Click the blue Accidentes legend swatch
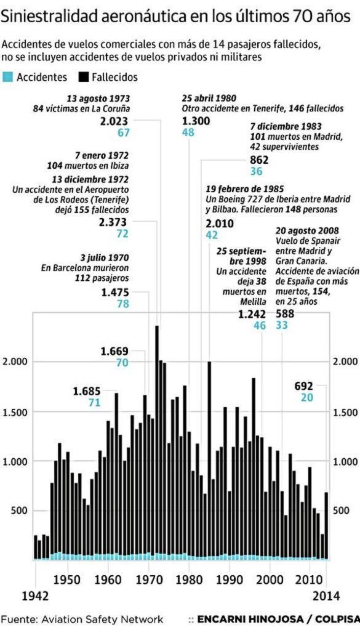(7, 78)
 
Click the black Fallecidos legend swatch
(84, 78)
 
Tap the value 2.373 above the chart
(114, 222)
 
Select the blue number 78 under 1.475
(122, 304)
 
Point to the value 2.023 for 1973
(115, 122)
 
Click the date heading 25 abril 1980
(209, 98)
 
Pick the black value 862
(260, 160)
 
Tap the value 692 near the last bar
(304, 386)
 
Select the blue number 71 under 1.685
(94, 403)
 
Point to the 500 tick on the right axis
(342, 511)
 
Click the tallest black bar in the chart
(157, 443)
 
